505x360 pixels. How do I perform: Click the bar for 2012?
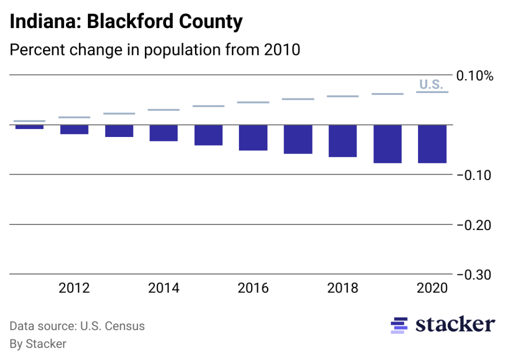tap(74, 129)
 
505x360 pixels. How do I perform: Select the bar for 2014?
tap(163, 133)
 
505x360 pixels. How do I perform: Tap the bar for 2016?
tap(253, 137)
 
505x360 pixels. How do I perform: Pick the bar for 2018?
tap(342, 141)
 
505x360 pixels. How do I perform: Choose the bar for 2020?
tap(432, 144)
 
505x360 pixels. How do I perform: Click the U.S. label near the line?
tap(430, 84)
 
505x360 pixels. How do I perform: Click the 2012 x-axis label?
tap(74, 288)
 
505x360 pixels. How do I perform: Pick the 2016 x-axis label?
tap(253, 288)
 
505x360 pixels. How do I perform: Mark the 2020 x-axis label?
tap(432, 288)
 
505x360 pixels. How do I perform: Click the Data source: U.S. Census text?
tap(77, 326)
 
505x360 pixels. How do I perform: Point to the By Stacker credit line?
tap(38, 344)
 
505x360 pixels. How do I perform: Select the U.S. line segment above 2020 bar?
tap(432, 92)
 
